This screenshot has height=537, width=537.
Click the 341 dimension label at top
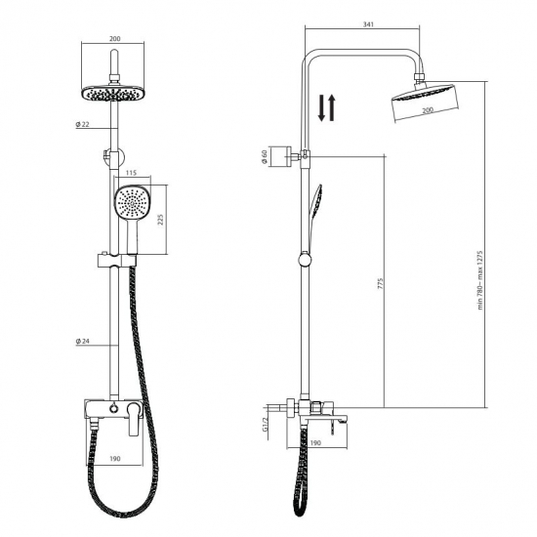(x=368, y=24)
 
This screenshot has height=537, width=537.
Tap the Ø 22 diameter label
(x=82, y=124)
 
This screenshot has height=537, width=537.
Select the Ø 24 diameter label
(x=82, y=341)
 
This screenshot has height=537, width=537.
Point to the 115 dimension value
(x=131, y=173)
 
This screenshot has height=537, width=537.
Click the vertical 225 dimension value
(x=161, y=219)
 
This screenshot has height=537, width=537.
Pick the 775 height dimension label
(x=381, y=283)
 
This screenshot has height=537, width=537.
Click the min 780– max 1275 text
(x=480, y=280)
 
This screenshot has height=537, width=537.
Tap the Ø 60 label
(x=264, y=157)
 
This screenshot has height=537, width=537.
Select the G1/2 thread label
(x=265, y=424)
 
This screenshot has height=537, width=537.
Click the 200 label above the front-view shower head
(x=115, y=39)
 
